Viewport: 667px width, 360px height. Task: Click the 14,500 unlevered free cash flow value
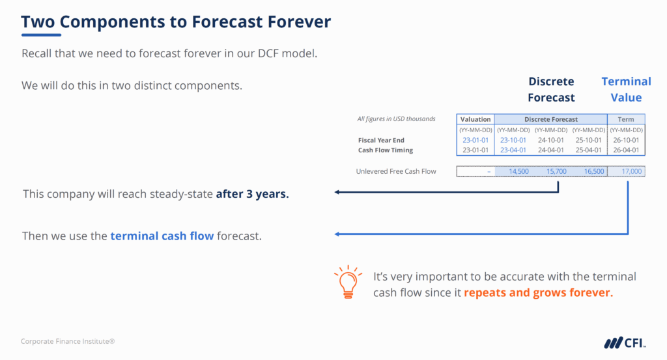click(518, 172)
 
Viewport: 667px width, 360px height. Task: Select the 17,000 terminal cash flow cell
click(631, 172)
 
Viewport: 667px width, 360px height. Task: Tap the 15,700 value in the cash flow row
click(556, 172)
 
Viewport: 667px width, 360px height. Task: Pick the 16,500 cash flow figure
click(593, 172)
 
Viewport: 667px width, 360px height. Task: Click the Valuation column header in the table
click(475, 119)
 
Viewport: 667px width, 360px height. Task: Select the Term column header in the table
click(626, 119)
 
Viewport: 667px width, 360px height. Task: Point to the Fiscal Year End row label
click(381, 140)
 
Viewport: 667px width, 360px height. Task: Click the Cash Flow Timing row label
click(385, 150)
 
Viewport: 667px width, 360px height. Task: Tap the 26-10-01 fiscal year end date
click(626, 140)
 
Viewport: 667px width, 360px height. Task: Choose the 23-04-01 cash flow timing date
click(513, 150)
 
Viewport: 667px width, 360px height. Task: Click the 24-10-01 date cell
click(550, 140)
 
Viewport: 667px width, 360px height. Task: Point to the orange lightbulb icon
click(348, 283)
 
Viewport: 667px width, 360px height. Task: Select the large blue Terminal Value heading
click(626, 89)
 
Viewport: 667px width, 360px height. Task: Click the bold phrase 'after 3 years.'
click(252, 194)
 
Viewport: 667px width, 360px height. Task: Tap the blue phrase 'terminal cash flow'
click(162, 236)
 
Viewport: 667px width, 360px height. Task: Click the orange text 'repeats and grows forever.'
click(538, 292)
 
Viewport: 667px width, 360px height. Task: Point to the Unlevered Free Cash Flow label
click(395, 172)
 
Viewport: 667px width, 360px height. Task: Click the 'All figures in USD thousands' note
click(396, 119)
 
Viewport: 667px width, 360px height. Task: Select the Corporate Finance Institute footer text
click(68, 341)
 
